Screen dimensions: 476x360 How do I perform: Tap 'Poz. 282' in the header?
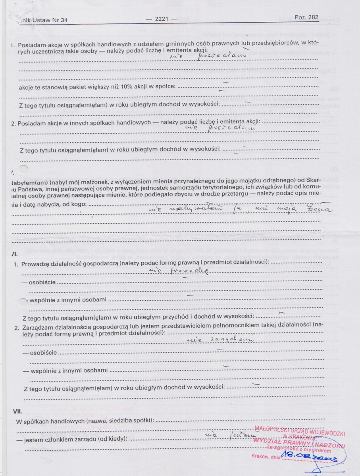pyautogui.click(x=306, y=17)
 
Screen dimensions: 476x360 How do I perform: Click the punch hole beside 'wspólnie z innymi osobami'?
pyautogui.click(x=25, y=301)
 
